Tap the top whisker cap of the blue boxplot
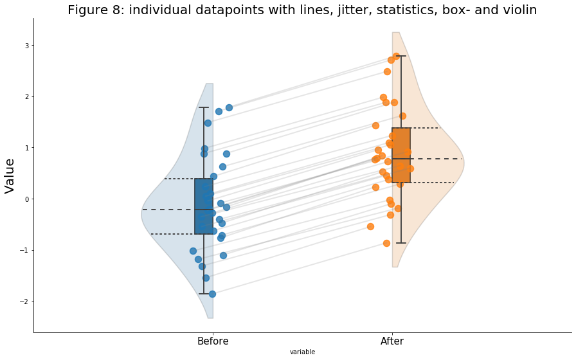click(204, 107)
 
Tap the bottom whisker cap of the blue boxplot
click(204, 294)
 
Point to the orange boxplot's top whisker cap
click(401, 56)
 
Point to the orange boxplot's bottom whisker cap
click(401, 243)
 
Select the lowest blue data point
click(212, 294)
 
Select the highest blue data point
click(229, 107)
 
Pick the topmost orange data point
click(396, 56)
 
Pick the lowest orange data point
click(386, 243)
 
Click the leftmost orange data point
click(370, 226)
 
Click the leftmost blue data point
click(193, 251)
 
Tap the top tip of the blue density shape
click(210, 84)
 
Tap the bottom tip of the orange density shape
click(395, 266)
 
